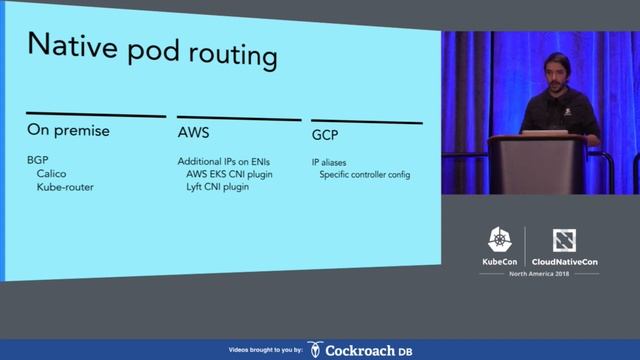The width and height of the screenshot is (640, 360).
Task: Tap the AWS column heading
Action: (193, 131)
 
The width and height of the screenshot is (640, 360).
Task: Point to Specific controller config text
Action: (364, 175)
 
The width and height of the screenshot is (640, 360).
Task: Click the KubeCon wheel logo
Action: (500, 239)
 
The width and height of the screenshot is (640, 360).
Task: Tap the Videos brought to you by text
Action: (264, 350)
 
